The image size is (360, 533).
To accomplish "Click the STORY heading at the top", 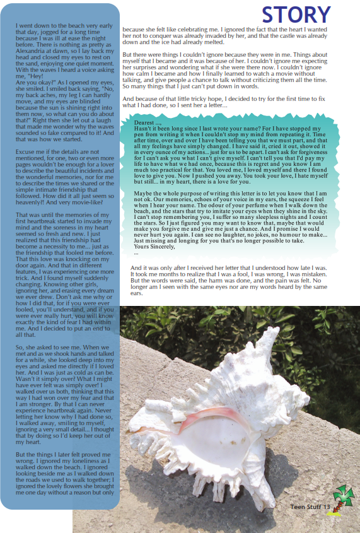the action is pos(296,14).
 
